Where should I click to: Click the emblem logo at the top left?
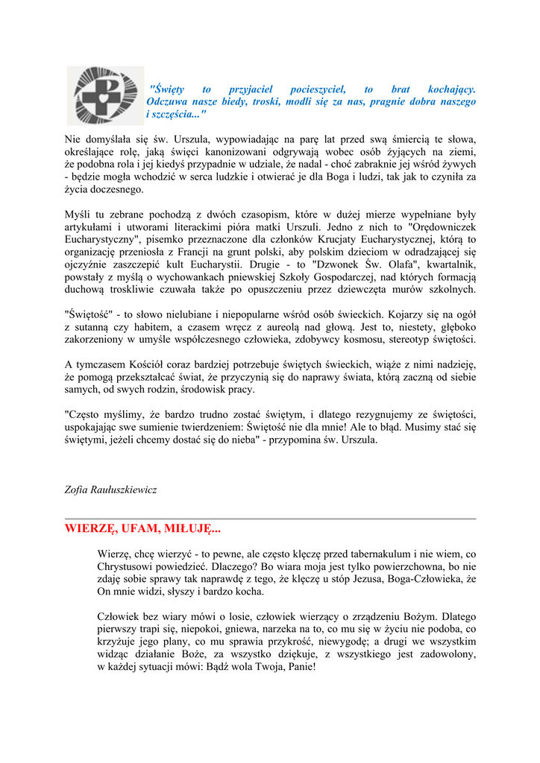coord(104,95)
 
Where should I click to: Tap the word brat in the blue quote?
coord(401,89)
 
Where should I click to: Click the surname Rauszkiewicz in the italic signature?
coord(122,490)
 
